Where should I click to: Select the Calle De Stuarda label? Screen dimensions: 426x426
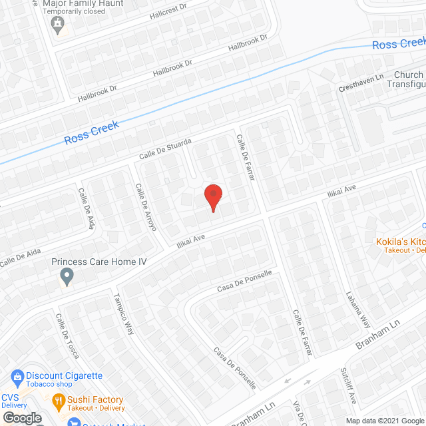point(165,148)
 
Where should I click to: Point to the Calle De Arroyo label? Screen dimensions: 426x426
point(146,207)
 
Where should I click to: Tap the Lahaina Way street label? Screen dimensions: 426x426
point(357,310)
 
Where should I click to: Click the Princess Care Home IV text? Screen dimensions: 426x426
point(99,262)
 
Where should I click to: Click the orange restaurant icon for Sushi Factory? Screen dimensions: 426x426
point(59,401)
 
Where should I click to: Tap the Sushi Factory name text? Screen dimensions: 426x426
point(95,399)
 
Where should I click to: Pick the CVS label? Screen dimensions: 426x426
point(11,397)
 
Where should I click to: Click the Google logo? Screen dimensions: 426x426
point(21,417)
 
